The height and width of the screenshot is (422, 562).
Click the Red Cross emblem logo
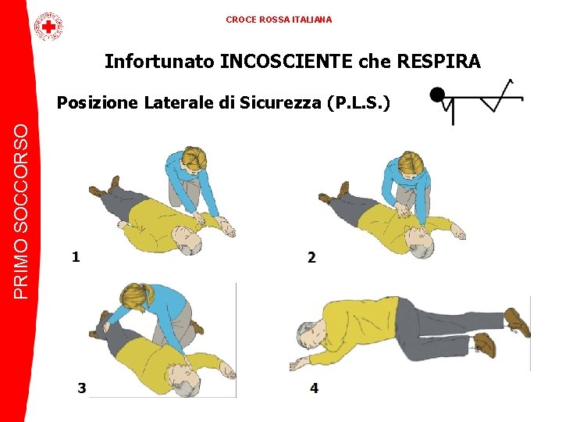point(48,27)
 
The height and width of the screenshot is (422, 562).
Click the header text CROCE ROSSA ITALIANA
point(279,20)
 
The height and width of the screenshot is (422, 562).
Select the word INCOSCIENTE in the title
point(286,61)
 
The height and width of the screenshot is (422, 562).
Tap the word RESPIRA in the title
point(439,61)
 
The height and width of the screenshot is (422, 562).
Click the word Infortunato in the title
point(159,61)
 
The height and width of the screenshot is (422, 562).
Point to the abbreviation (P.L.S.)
point(358,103)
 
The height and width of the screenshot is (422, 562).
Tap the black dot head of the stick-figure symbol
point(437,95)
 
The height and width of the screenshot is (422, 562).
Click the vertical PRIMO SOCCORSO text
point(21,212)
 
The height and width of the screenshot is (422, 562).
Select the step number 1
point(76,257)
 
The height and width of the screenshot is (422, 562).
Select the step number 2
point(311,258)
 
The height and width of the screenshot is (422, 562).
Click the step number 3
point(82,388)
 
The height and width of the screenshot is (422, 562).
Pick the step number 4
point(314,388)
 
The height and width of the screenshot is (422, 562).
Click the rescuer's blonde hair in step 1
point(195,159)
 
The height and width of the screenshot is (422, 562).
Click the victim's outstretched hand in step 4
point(298,365)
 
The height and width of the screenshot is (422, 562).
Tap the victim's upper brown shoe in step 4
point(518,321)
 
